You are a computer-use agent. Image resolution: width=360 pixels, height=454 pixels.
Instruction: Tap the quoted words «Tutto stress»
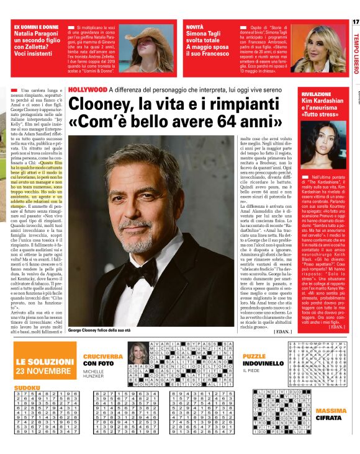pyautogui.click(x=320, y=115)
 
